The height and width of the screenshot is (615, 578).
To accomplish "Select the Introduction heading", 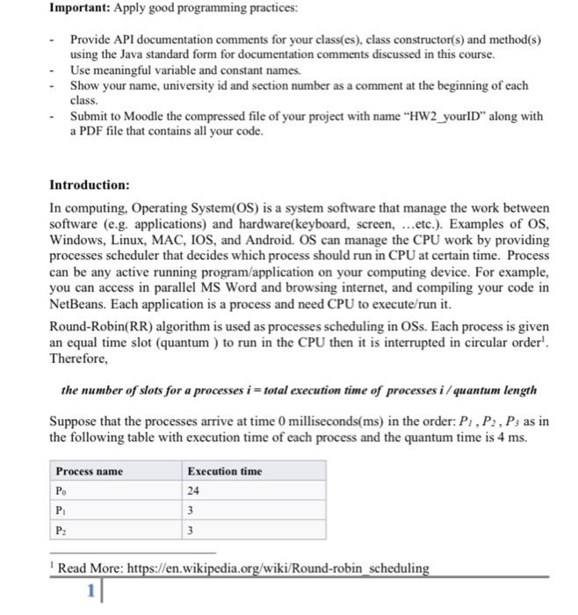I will tap(90, 185).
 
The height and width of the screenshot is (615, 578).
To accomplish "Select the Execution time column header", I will tap(225, 472).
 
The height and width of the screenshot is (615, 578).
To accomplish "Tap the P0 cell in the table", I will tap(61, 491).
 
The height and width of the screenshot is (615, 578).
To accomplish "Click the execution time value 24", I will tap(195, 491).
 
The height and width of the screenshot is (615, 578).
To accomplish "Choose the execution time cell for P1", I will tap(191, 510).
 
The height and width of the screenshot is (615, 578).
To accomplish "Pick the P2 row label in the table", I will tap(61, 530).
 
